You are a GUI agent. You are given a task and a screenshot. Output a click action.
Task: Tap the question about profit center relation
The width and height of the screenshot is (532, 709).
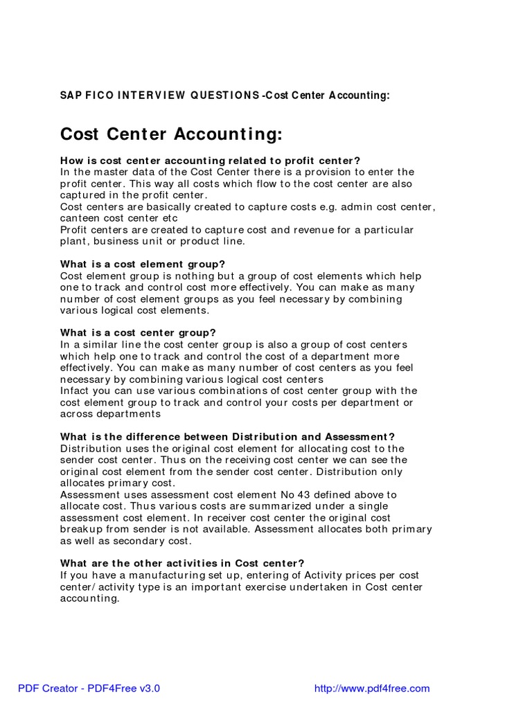coord(211,161)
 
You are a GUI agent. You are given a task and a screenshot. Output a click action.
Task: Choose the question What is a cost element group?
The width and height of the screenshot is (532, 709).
coord(143,264)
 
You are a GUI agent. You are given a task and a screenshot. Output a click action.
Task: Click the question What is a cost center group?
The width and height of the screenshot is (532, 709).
coord(139,333)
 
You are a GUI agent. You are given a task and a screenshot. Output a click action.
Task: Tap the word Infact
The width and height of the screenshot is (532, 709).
coord(76,391)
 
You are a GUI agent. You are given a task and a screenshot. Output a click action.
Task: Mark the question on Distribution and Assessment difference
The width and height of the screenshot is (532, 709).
coord(227,437)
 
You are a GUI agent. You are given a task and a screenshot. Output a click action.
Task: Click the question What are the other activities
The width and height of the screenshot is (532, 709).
coord(182,564)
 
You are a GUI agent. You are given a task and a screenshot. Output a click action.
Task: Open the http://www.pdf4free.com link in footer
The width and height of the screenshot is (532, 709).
coord(372,688)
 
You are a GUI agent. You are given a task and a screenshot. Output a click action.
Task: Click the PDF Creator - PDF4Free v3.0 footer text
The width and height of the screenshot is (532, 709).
coord(89,688)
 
